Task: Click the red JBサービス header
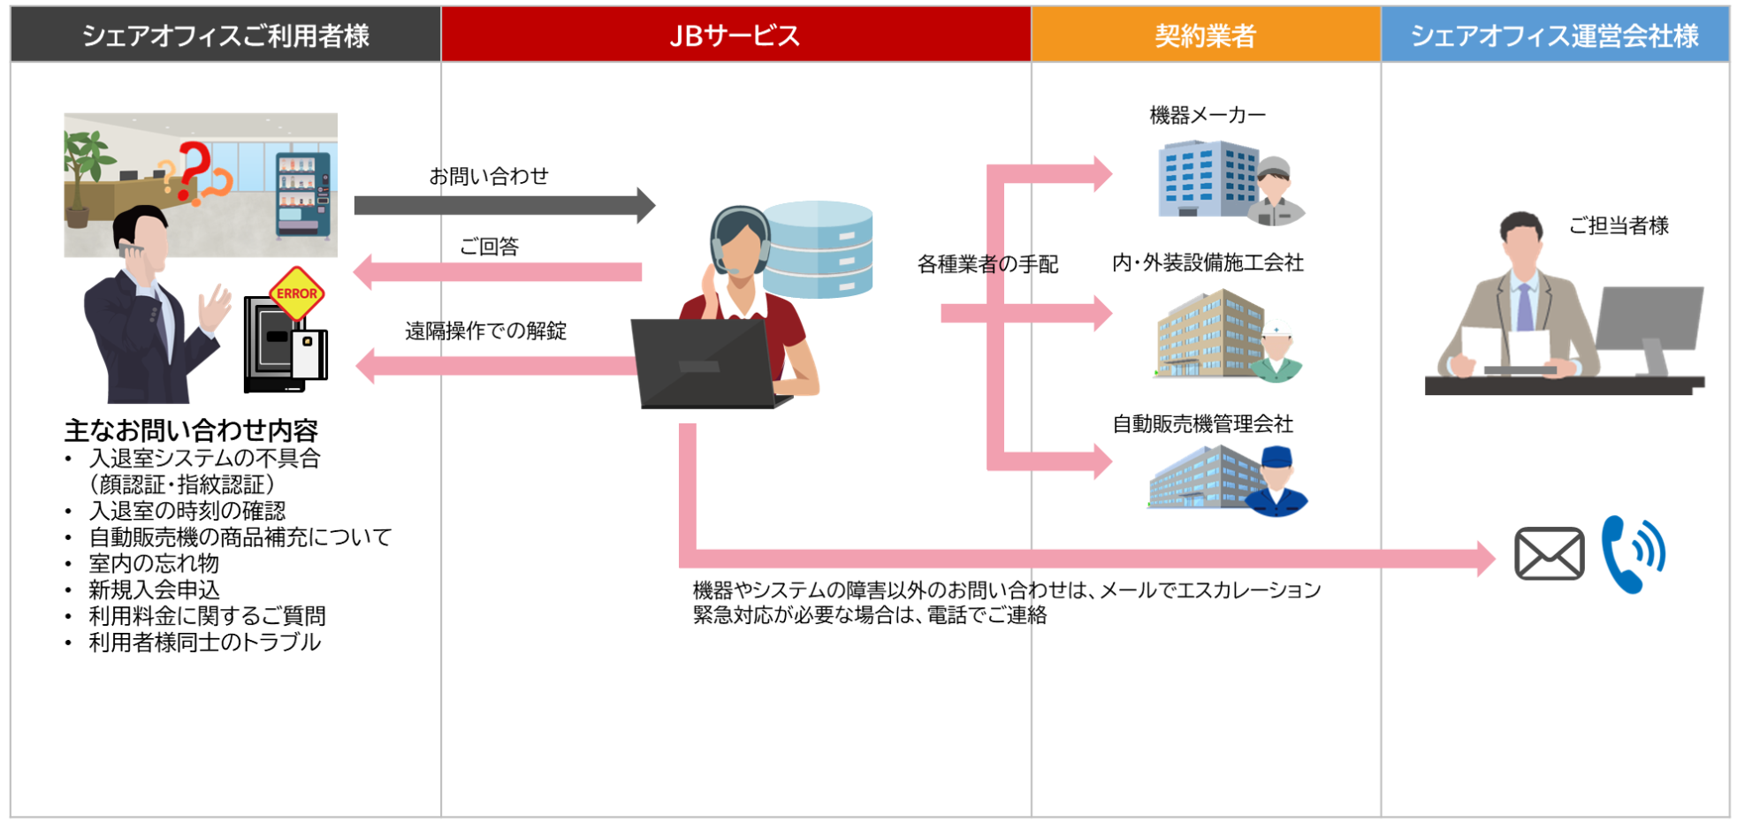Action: pos(735,35)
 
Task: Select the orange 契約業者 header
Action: pos(1205,35)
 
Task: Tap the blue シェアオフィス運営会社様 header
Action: pos(1554,35)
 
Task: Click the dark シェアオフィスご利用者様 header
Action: pos(225,35)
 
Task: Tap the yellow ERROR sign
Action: pos(297,293)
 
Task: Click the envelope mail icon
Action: pos(1549,554)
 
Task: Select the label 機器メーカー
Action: pos(1208,115)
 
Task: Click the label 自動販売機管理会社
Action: pos(1202,424)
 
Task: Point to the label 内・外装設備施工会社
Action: pos(1208,263)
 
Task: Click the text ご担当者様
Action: pos(1619,226)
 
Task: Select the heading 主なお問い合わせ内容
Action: pos(191,430)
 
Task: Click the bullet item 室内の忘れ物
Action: pos(154,563)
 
